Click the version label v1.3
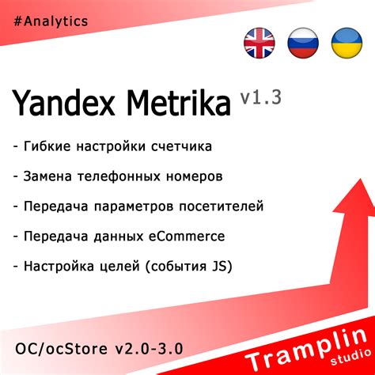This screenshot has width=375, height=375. [x=260, y=96]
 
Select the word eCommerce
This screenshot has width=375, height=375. [x=184, y=236]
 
